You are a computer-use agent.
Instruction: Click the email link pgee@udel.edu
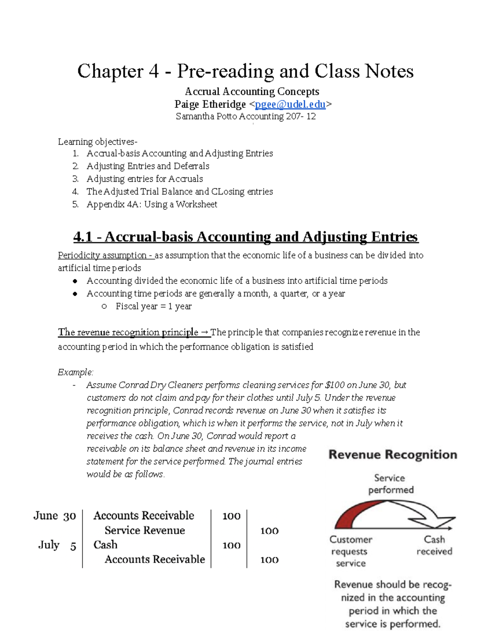pyautogui.click(x=290, y=105)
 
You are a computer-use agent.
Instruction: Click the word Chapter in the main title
pyautogui.click(x=110, y=71)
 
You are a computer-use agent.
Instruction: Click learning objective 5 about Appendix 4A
pyautogui.click(x=152, y=204)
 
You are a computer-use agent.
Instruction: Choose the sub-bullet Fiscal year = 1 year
pyautogui.click(x=153, y=306)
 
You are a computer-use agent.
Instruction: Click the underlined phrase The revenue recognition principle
pyautogui.click(x=128, y=332)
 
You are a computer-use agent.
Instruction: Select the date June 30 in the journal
pyautogui.click(x=55, y=516)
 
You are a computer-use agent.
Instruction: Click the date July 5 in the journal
pyautogui.click(x=57, y=545)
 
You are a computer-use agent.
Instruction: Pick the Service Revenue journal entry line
pyautogui.click(x=145, y=530)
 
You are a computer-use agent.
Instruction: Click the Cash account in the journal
pyautogui.click(x=105, y=545)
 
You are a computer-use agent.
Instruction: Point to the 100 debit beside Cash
pyautogui.click(x=231, y=545)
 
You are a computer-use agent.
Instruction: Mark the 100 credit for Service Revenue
pyautogui.click(x=269, y=531)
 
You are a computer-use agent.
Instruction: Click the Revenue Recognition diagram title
pyautogui.click(x=392, y=454)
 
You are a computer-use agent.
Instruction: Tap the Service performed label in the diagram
pyautogui.click(x=390, y=484)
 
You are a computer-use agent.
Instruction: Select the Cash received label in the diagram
pyautogui.click(x=434, y=545)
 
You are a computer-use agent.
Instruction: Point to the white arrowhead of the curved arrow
pyautogui.click(x=437, y=521)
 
